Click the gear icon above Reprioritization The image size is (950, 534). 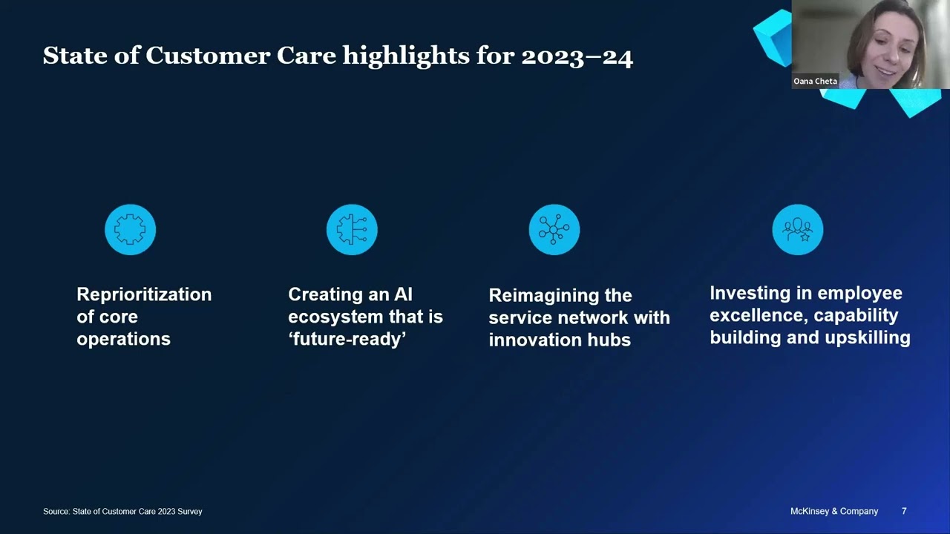pyautogui.click(x=131, y=230)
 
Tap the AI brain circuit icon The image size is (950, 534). pyautogui.click(x=352, y=230)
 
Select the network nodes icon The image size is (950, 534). pyautogui.click(x=554, y=230)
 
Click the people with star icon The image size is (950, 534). pyautogui.click(x=797, y=230)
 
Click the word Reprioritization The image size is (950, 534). pyautogui.click(x=144, y=294)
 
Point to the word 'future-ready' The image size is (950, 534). pyautogui.click(x=347, y=339)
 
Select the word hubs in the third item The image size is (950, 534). pyautogui.click(x=610, y=340)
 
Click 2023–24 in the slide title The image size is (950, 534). pyautogui.click(x=577, y=56)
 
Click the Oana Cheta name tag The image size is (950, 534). pyautogui.click(x=815, y=82)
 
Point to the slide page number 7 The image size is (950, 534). pyautogui.click(x=904, y=511)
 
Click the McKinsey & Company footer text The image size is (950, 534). pyautogui.click(x=834, y=511)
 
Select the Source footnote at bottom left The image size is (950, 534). pyautogui.click(x=122, y=511)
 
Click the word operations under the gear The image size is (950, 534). pyautogui.click(x=123, y=339)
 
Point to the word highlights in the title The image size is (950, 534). pyautogui.click(x=405, y=56)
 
